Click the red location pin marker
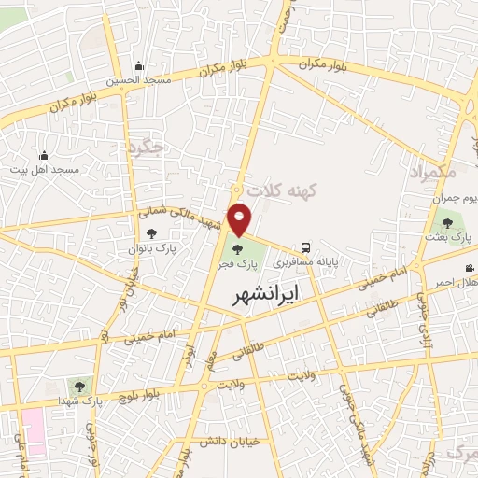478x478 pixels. click(x=241, y=218)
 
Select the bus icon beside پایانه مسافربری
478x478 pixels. click(x=306, y=247)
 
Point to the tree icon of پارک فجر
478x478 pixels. click(x=238, y=249)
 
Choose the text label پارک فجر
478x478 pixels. click(x=238, y=264)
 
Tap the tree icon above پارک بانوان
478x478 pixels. click(x=152, y=235)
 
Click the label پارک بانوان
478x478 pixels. click(x=152, y=250)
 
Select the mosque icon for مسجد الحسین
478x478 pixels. click(x=138, y=66)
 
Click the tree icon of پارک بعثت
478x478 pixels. click(x=447, y=222)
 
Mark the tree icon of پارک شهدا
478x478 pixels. click(x=77, y=386)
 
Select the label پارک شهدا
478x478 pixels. click(x=77, y=401)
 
